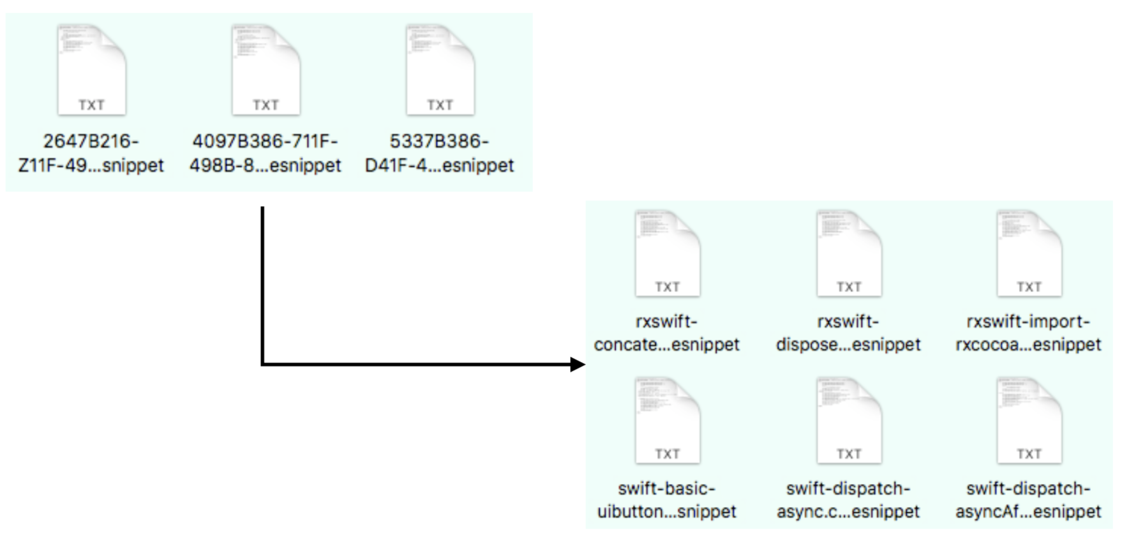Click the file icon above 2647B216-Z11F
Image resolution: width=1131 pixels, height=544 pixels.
pyautogui.click(x=91, y=70)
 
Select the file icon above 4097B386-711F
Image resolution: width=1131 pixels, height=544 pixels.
pyautogui.click(x=266, y=70)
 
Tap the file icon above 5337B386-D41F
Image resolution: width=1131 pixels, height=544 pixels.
pyautogui.click(x=440, y=70)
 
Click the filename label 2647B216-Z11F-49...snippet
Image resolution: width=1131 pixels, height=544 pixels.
pyautogui.click(x=91, y=153)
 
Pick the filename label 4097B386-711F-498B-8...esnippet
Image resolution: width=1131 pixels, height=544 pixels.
pyautogui.click(x=265, y=153)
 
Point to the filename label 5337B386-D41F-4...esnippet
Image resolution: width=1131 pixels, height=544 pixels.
pyautogui.click(x=439, y=153)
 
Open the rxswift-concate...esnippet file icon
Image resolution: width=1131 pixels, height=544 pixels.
pyautogui.click(x=667, y=254)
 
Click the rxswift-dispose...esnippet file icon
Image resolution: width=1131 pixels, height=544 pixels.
pyautogui.click(x=848, y=254)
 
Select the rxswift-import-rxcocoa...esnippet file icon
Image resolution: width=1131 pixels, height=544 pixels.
pyautogui.click(x=1029, y=254)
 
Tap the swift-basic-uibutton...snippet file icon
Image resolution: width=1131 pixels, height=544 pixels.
pyautogui.click(x=667, y=421)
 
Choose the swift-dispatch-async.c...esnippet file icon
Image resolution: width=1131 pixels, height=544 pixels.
pyautogui.click(x=848, y=421)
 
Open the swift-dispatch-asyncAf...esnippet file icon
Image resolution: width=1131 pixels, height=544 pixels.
pyautogui.click(x=1029, y=421)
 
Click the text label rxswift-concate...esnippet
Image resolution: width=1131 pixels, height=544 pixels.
pyautogui.click(x=666, y=333)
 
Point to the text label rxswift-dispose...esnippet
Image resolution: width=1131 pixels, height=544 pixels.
pyautogui.click(x=848, y=333)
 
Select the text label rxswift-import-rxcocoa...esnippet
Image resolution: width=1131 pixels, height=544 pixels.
pyautogui.click(x=1028, y=333)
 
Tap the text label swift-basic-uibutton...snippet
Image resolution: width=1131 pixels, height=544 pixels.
pyautogui.click(x=666, y=500)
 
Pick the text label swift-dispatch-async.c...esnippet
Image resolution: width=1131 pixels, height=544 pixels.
pyautogui.click(x=848, y=500)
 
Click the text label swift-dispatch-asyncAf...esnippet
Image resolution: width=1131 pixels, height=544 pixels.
pyautogui.click(x=1028, y=500)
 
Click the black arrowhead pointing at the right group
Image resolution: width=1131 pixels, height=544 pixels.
pyautogui.click(x=578, y=365)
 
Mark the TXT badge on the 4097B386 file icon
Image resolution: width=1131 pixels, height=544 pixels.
pyautogui.click(x=266, y=105)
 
